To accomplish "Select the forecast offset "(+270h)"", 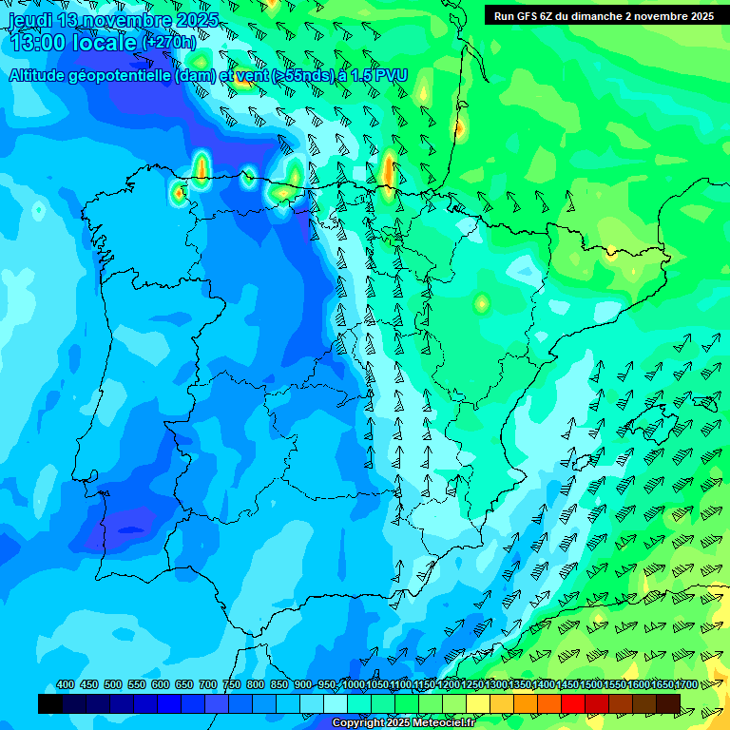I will click(x=168, y=42).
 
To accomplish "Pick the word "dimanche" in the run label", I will click(x=598, y=16).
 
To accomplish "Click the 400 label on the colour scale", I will click(x=66, y=684).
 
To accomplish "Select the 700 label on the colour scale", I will click(x=207, y=684).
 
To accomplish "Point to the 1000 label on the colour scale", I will click(x=352, y=684).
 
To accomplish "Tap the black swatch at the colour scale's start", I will click(x=50, y=703).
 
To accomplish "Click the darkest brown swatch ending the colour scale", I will click(x=668, y=703).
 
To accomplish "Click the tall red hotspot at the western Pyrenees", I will click(x=388, y=171).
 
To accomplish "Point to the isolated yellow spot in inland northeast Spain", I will click(x=482, y=304).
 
